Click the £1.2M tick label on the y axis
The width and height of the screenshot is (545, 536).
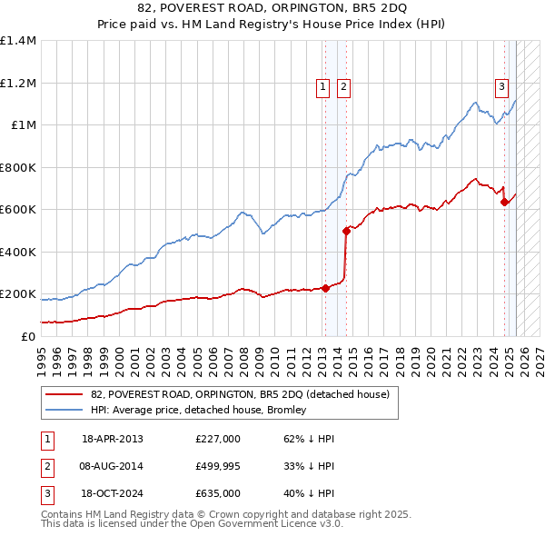point(18,83)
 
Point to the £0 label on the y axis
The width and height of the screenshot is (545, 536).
point(29,336)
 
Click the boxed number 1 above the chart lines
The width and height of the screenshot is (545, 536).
point(323,87)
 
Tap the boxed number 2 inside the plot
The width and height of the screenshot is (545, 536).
point(343,87)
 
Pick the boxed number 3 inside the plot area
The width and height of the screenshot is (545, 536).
point(501,87)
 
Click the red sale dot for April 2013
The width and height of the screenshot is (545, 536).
point(325,288)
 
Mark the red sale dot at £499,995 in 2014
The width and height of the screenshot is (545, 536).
point(346,231)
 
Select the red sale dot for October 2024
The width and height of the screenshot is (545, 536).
point(504,203)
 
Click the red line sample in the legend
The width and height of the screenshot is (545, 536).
point(64,394)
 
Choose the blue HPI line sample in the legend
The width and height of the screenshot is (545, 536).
point(64,410)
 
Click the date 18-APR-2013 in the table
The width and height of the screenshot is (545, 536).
point(113,439)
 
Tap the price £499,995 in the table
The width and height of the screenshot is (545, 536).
point(218,466)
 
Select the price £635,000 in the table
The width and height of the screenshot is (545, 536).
point(218,493)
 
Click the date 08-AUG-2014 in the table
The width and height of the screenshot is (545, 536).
point(113,466)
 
